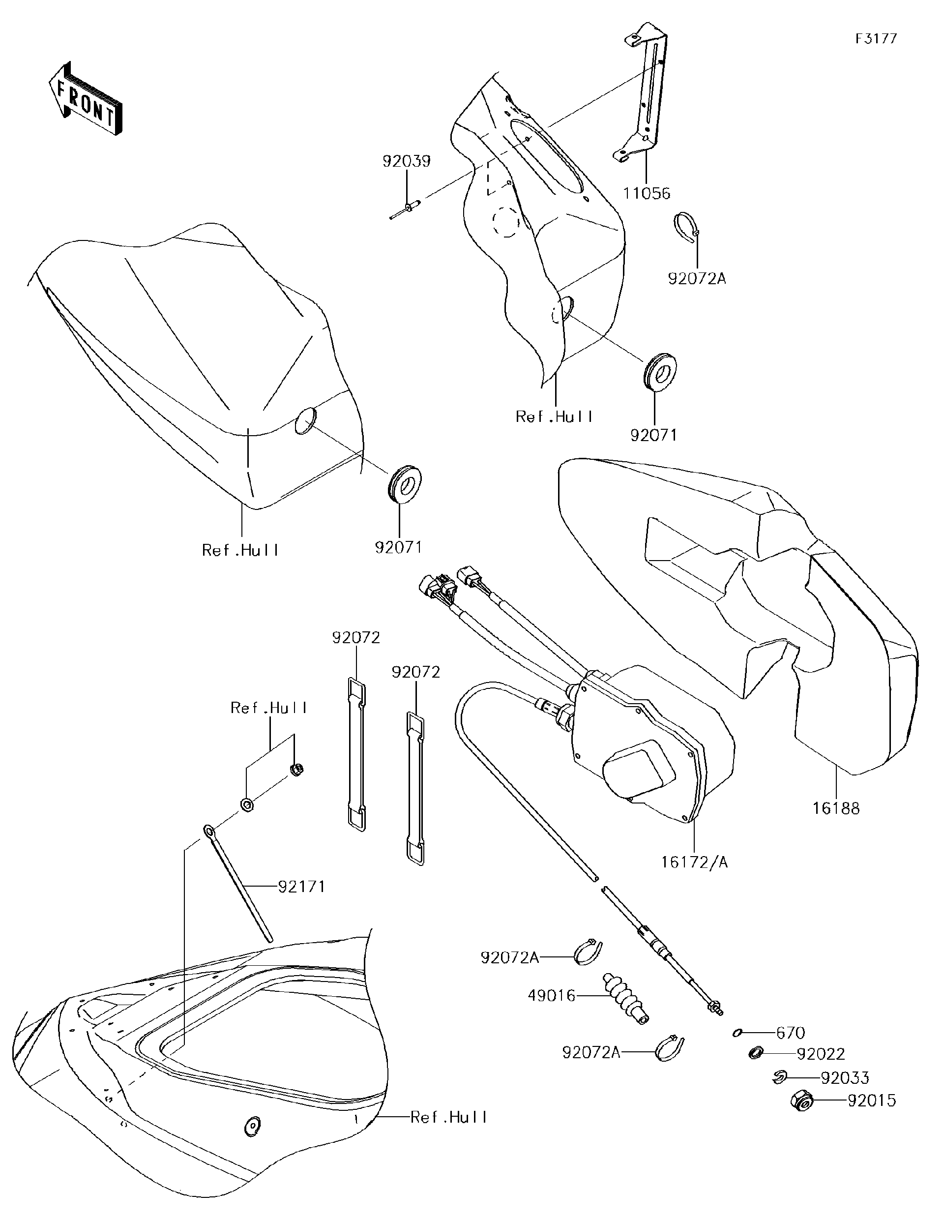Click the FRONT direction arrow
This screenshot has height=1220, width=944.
pos(86,100)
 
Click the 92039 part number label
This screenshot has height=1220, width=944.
pos(406,161)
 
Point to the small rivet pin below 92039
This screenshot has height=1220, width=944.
pos(406,211)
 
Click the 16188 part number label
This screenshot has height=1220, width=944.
pos(836,808)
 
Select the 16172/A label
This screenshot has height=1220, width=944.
pos(694,862)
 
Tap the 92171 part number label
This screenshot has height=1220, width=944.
pos(301,887)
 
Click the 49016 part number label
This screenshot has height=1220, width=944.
pos(552,995)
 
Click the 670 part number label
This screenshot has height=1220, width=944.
pos(791,1033)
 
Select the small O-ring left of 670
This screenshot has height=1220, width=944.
pos(738,1033)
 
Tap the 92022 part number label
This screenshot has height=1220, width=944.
pos(821,1054)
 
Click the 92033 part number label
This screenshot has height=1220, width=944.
pos(845,1077)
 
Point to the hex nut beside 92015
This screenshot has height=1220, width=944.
pos(801,1101)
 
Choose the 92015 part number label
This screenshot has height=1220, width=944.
pos(871,1101)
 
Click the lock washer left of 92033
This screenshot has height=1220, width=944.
pos(780,1077)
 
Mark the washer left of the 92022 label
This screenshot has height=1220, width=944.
pos(756,1053)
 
